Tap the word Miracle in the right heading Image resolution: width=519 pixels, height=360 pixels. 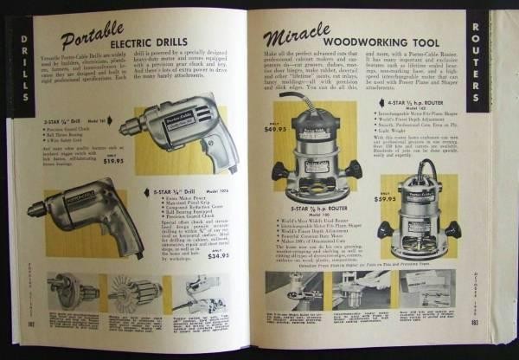[x=299, y=40]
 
